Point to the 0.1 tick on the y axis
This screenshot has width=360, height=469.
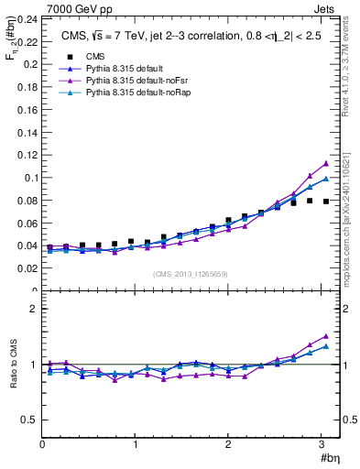[x=28, y=178]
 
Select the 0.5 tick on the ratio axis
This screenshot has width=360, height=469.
[x=28, y=420]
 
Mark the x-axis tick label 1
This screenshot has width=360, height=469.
[x=136, y=444]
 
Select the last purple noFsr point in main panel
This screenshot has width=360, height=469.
[x=325, y=163]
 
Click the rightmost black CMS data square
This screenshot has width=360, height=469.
[x=325, y=202]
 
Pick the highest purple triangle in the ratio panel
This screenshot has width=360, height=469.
[x=325, y=336]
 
